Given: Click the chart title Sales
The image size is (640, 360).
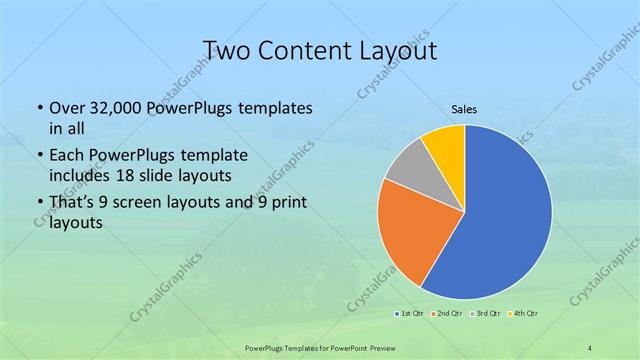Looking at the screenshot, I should [x=464, y=111].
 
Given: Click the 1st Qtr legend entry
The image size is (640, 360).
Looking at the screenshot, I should [x=410, y=314].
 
